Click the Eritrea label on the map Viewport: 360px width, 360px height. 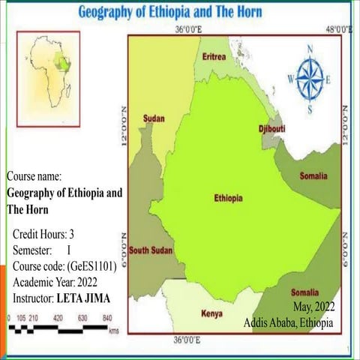point(214,57)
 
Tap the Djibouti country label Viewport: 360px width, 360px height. point(271,128)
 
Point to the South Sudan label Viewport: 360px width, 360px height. point(149,250)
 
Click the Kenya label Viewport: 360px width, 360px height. point(211,313)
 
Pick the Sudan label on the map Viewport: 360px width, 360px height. point(153,118)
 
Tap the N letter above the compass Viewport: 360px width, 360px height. point(310,51)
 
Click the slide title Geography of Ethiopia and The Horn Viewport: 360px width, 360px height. point(181,12)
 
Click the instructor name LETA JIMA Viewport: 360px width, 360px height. point(88,298)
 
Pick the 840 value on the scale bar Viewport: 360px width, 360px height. point(106,317)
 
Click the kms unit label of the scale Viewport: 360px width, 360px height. point(113,331)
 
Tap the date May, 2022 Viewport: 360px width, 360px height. point(313,307)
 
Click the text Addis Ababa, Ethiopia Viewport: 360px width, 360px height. point(289,322)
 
